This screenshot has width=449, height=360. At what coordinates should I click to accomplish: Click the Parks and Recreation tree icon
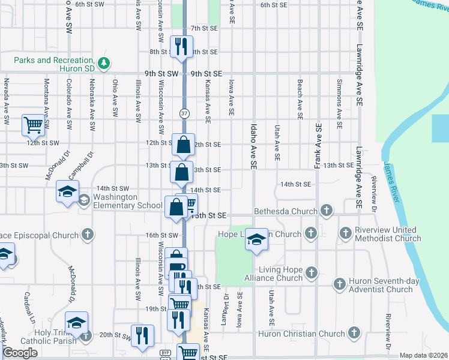104,62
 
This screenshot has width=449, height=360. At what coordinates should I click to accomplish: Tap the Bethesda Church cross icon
326,211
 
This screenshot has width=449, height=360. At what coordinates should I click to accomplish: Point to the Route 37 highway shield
183,113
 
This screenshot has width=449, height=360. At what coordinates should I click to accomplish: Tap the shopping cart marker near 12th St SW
34,125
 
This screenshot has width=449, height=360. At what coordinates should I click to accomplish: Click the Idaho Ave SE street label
253,144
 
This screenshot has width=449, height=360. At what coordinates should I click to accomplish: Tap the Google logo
20,353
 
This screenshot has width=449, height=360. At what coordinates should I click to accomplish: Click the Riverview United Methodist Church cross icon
346,232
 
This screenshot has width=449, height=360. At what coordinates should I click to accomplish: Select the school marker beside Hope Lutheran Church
256,239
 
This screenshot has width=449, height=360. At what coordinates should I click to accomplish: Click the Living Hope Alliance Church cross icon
311,273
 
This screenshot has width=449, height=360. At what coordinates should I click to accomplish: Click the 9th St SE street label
206,73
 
